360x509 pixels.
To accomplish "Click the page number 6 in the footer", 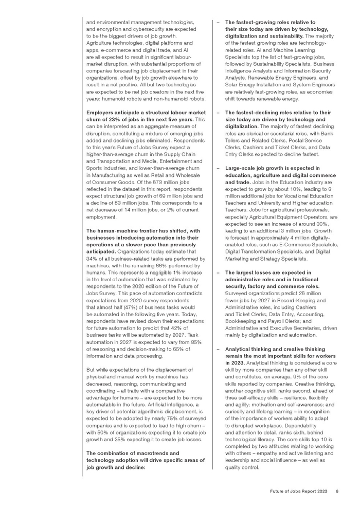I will coord(337,492).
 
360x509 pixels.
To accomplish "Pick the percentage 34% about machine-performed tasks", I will coord(92,259).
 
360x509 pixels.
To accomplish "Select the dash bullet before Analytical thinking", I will coord(218,349).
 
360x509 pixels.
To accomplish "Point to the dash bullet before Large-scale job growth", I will coord(218,168).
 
